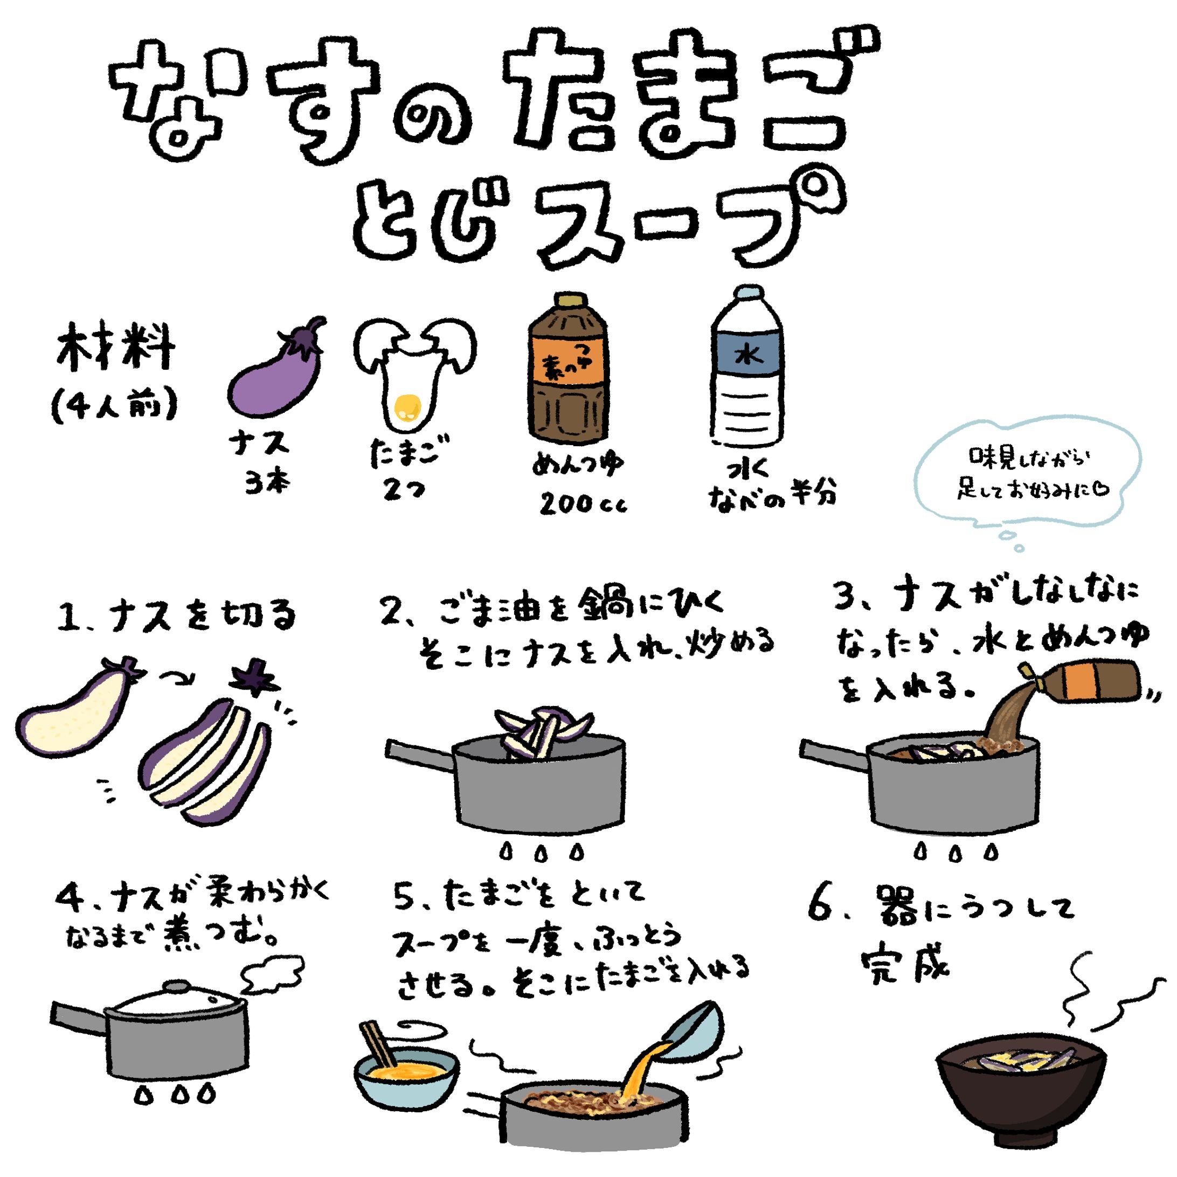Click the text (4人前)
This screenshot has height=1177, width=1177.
[115, 405]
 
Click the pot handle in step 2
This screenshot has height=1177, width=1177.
[420, 754]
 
